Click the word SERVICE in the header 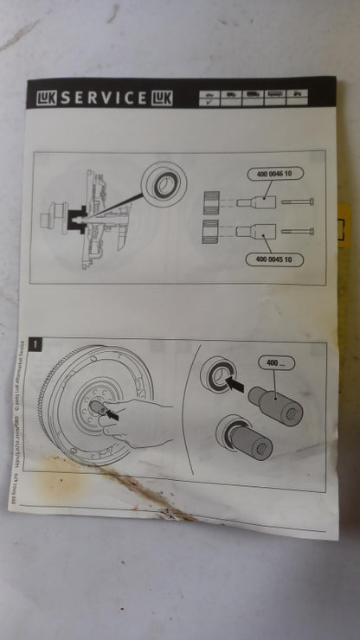105,98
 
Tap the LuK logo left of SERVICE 46,98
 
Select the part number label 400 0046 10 275,175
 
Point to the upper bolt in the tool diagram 298,202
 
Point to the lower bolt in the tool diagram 298,232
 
